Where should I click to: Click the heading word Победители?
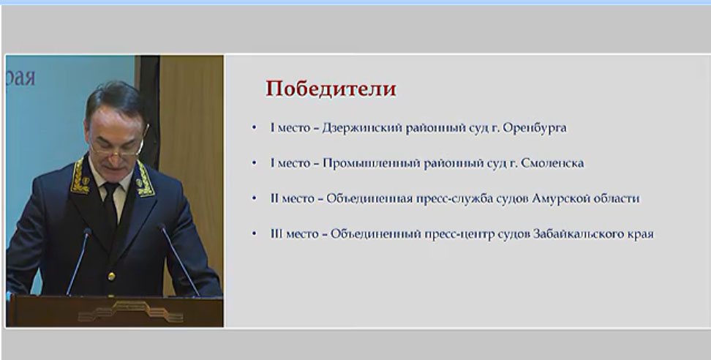click(331, 89)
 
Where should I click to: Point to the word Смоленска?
click(553, 163)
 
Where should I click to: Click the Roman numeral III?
click(276, 234)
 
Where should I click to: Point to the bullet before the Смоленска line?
click(254, 162)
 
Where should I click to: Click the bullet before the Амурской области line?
click(254, 198)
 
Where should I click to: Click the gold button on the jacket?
click(111, 276)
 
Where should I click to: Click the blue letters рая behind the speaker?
click(20, 78)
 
